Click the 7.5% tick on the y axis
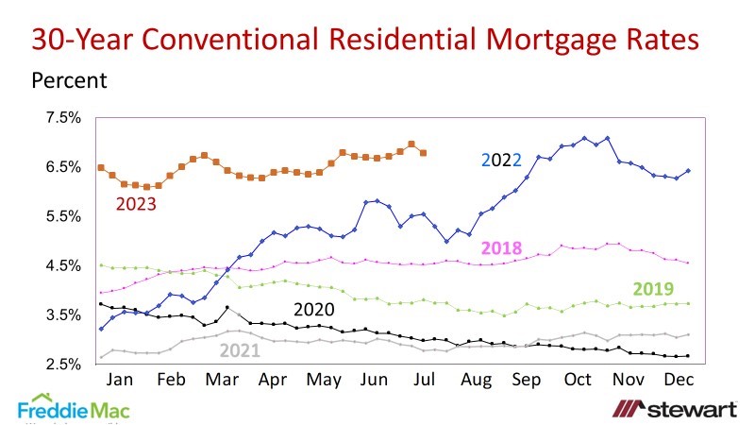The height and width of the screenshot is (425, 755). (x=65, y=118)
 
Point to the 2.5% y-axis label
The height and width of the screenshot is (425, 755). (x=65, y=365)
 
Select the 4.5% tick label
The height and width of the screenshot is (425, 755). (x=65, y=266)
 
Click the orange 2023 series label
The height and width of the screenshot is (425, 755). (x=138, y=203)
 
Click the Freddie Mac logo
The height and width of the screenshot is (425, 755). (x=73, y=410)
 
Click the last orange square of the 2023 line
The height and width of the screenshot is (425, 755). (x=423, y=153)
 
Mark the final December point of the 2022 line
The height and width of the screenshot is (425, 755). (x=688, y=171)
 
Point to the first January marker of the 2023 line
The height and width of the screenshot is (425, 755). (x=101, y=167)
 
